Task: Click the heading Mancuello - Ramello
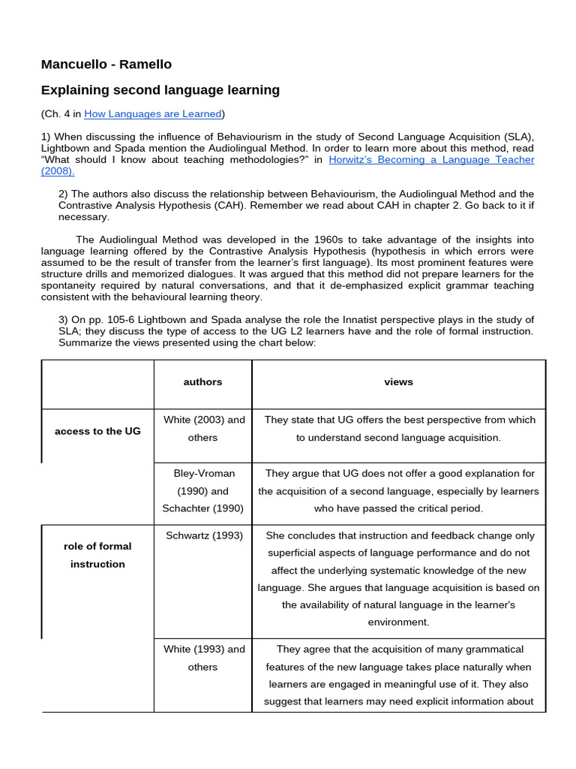(x=106, y=65)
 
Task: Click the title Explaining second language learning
(x=160, y=90)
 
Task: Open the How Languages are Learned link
(x=153, y=114)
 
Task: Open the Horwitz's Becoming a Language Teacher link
(x=431, y=159)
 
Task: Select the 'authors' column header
(x=202, y=382)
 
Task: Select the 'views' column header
(x=398, y=382)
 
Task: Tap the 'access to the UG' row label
(x=97, y=432)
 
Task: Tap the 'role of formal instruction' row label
(x=97, y=555)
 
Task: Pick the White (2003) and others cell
(x=202, y=429)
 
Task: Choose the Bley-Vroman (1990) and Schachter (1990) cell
(x=202, y=491)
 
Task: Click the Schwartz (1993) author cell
(x=202, y=535)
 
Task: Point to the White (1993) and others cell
(x=202, y=658)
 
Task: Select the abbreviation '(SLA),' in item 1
(x=515, y=137)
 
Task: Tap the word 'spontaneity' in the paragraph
(x=71, y=285)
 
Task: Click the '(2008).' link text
(x=58, y=171)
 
